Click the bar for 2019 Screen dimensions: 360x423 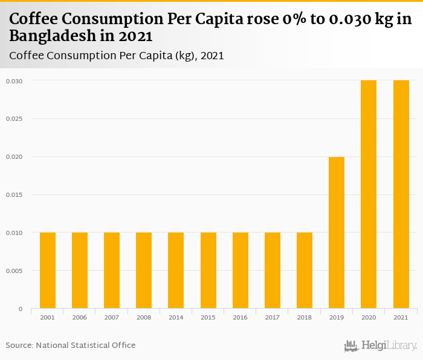click(x=337, y=233)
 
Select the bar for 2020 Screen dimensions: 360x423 click(x=369, y=194)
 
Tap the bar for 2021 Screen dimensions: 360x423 click(x=401, y=194)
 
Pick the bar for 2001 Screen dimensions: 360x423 click(x=48, y=271)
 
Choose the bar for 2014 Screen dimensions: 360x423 click(x=176, y=271)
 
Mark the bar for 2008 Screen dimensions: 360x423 click(x=144, y=271)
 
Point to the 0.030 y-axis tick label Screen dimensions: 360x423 click(x=15, y=81)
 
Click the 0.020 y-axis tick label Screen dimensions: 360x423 click(x=15, y=157)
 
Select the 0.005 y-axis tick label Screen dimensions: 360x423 click(x=15, y=271)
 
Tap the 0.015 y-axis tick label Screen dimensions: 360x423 click(x=15, y=195)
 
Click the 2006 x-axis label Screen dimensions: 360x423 click(x=80, y=317)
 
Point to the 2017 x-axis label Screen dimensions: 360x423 click(x=272, y=317)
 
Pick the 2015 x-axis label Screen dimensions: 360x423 click(x=208, y=317)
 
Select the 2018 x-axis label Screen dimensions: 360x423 click(x=305, y=317)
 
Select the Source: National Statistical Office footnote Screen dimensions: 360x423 click(x=71, y=345)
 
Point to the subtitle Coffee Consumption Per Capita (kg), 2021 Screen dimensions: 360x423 click(x=117, y=56)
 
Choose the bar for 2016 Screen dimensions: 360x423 click(x=241, y=271)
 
